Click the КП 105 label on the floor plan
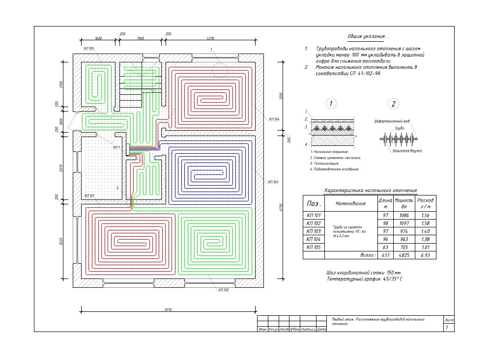click(x=89, y=48)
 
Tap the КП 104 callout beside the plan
click(x=274, y=119)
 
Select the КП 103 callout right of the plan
click(x=273, y=182)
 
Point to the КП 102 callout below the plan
click(x=224, y=290)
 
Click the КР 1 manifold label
click(x=116, y=147)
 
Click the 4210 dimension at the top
click(x=211, y=38)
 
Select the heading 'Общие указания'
click(x=367, y=37)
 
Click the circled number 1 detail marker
click(x=332, y=104)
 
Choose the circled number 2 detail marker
click(x=393, y=104)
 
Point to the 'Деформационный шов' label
click(x=392, y=120)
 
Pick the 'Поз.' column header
click(x=314, y=203)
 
